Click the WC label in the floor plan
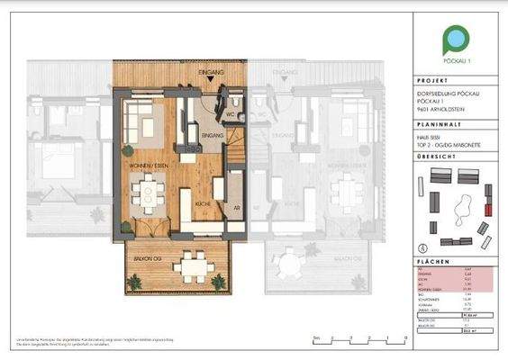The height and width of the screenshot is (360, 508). (230, 115)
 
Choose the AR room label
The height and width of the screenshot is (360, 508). (236, 206)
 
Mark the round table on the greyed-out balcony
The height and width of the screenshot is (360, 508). (289, 265)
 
